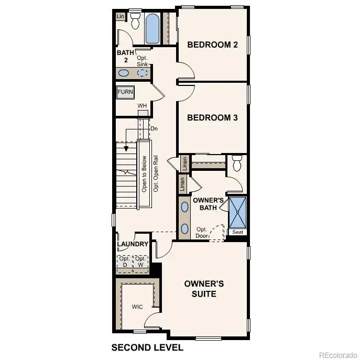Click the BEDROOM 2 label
point(213,45)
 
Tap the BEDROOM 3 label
point(213,118)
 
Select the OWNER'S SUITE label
point(204,289)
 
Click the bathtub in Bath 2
point(152,29)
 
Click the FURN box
point(125,92)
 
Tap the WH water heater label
point(142,106)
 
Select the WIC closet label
point(137,306)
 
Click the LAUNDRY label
point(133,244)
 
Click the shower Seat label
point(237,232)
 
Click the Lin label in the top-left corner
point(120,17)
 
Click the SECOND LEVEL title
point(147,347)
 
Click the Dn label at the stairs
point(154,128)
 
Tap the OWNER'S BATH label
point(209,204)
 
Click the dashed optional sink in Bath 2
point(143,73)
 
